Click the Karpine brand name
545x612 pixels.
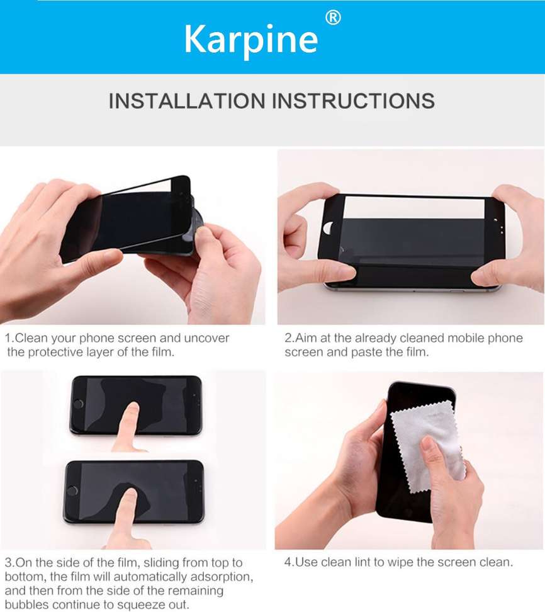point(250,39)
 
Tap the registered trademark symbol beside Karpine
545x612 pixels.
point(333,18)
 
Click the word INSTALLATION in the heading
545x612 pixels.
point(187,101)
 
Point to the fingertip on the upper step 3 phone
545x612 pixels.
point(132,409)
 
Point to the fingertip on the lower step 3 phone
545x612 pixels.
point(128,494)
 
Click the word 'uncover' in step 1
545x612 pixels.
point(205,338)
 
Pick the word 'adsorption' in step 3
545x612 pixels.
point(223,577)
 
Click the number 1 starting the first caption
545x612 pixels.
point(8,338)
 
